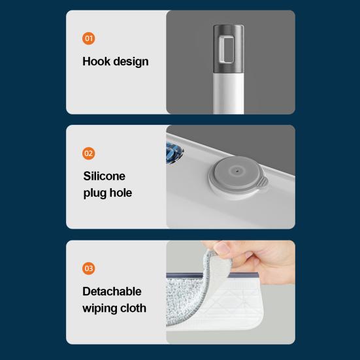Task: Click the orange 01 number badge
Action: (x=88, y=39)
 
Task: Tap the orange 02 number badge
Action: (x=88, y=153)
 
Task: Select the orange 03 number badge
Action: (x=88, y=268)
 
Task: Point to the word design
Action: (x=131, y=62)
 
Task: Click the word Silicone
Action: (x=105, y=176)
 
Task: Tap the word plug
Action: (x=95, y=193)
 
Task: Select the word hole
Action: (x=121, y=193)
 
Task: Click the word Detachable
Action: (x=112, y=291)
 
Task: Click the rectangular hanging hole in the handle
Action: (x=227, y=49)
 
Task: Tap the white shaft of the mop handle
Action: (x=228, y=93)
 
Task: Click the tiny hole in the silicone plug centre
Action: (x=237, y=171)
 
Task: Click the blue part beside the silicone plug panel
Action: (x=174, y=153)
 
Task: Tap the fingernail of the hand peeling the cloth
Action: (x=222, y=248)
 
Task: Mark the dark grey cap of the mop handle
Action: (x=228, y=48)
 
